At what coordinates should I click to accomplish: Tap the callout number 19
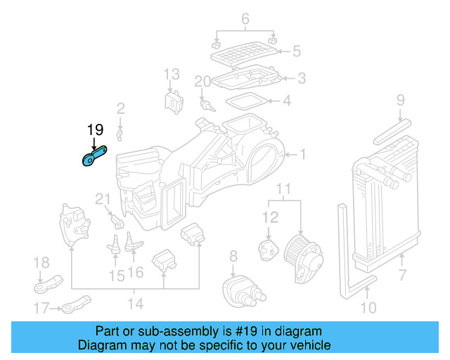[94, 129]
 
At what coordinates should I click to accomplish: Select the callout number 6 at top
[245, 19]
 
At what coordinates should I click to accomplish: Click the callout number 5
[297, 51]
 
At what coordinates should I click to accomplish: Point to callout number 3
[301, 78]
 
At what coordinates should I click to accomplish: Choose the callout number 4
[286, 101]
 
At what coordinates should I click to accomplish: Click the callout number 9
[400, 100]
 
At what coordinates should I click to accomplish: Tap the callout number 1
[303, 154]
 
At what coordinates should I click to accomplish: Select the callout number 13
[172, 74]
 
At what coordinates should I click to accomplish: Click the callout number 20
[202, 82]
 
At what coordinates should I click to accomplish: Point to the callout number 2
[121, 108]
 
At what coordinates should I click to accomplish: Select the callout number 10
[368, 307]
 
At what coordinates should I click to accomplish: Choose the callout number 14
[135, 304]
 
